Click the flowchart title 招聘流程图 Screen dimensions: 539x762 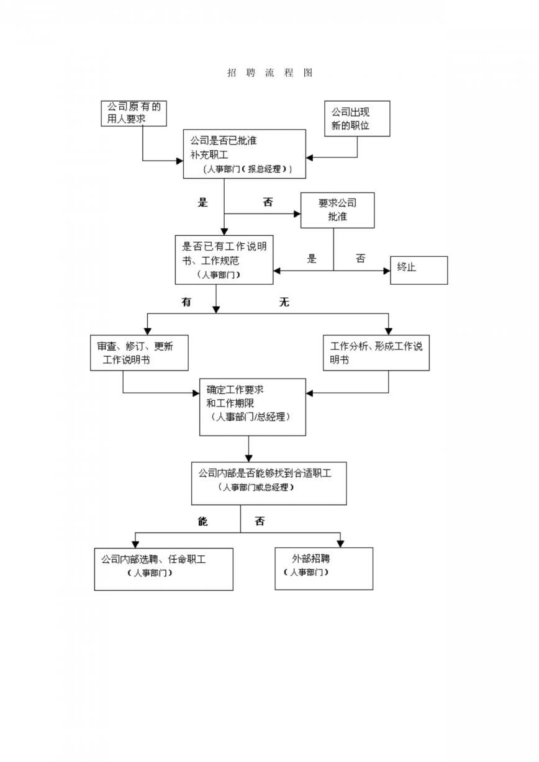pyautogui.click(x=269, y=73)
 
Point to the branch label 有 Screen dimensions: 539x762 pyautogui.click(x=186, y=302)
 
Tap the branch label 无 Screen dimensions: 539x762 pyautogui.click(x=284, y=302)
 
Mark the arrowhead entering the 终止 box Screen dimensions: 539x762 pyautogui.click(x=387, y=271)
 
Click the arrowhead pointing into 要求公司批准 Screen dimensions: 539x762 pyautogui.click(x=297, y=214)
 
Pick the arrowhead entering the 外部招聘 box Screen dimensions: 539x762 pyautogui.click(x=340, y=544)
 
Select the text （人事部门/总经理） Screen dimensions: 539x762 pyautogui.click(x=250, y=417)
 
